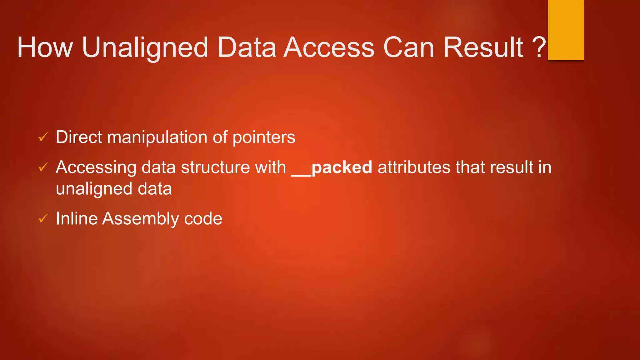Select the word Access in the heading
coord(329,47)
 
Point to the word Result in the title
coord(483,47)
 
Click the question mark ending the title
coord(539,47)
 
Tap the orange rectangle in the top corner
coord(566,30)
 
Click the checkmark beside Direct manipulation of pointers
coord(43,137)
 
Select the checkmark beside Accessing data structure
coord(43,167)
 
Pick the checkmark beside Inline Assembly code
coord(43,218)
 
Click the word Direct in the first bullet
coord(79,137)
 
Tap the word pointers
coord(264,137)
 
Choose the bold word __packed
coord(332,167)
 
